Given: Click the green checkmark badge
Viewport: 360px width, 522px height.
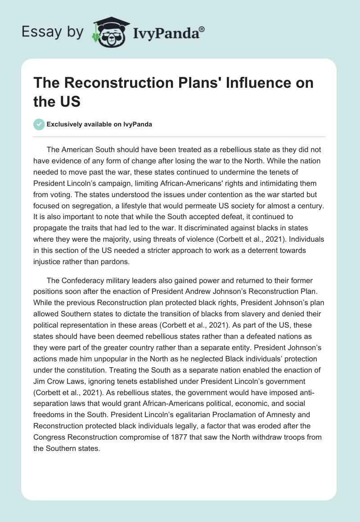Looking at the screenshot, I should click(39, 124).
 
